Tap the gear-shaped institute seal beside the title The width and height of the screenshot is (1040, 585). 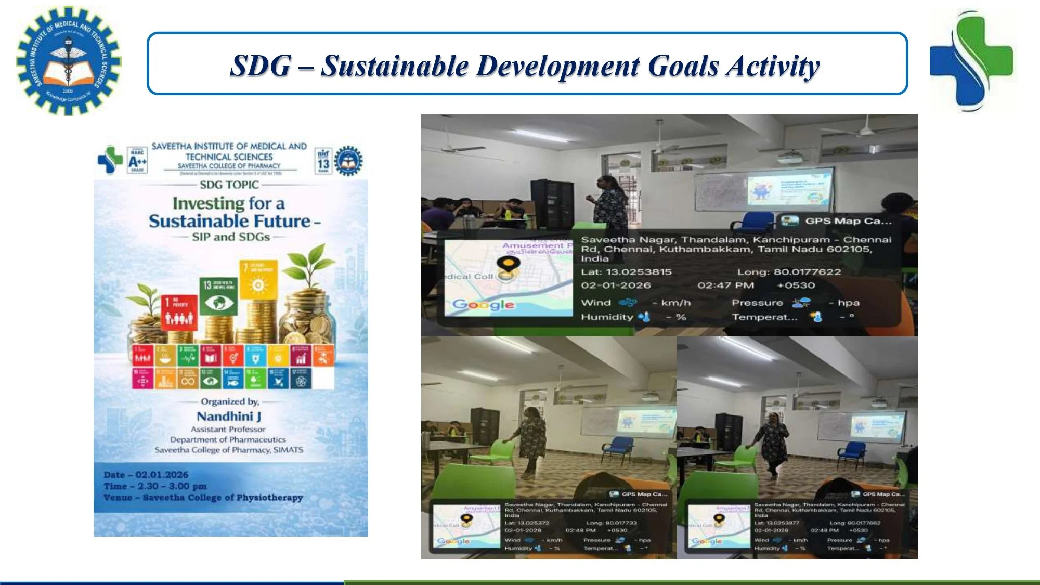69,61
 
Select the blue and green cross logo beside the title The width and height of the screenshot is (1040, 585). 971,61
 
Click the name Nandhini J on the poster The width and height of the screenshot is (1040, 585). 229,416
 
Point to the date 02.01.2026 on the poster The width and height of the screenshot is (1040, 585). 162,475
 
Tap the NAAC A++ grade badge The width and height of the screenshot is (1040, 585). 137,160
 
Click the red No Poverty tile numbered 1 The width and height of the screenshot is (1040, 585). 179,312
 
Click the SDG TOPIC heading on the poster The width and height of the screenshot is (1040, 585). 229,185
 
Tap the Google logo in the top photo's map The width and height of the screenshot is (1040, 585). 483,304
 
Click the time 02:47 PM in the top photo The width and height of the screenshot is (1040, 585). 726,285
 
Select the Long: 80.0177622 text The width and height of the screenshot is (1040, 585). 789,272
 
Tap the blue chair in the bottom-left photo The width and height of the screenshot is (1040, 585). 621,448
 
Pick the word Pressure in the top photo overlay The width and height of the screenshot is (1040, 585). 757,303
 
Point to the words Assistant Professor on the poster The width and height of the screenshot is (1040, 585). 228,429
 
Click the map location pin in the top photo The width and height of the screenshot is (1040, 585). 508,266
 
